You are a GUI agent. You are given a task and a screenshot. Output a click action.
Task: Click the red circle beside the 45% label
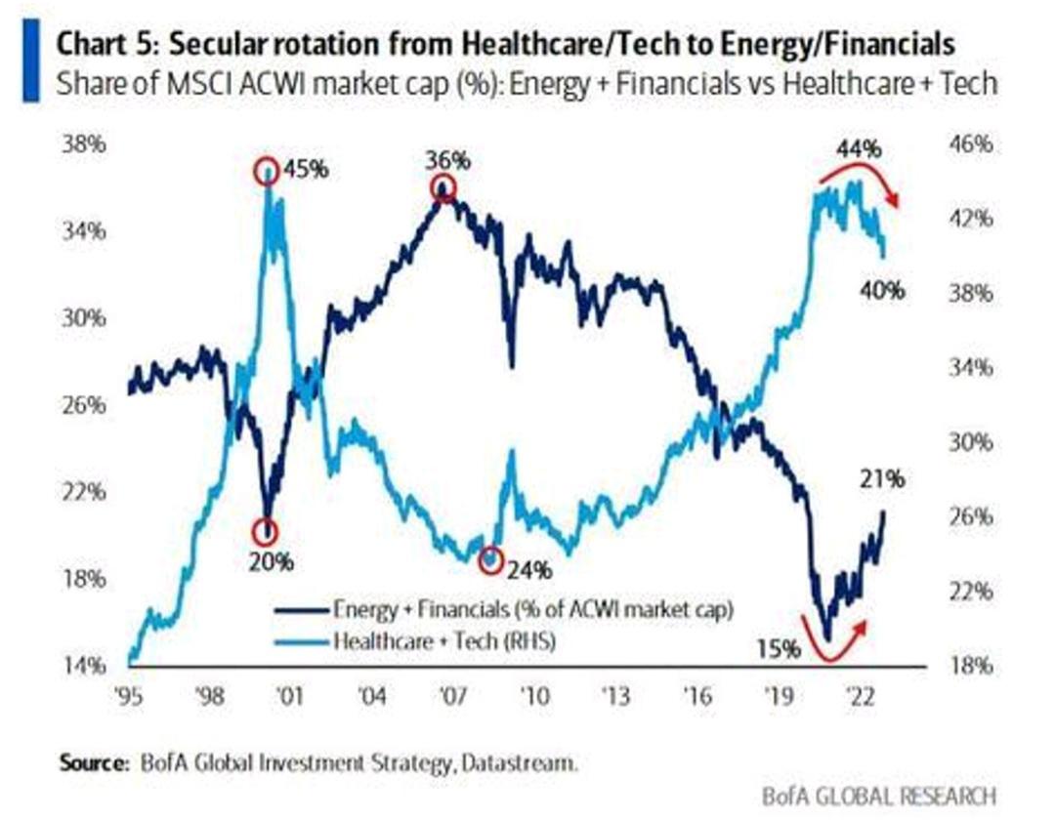click(x=266, y=172)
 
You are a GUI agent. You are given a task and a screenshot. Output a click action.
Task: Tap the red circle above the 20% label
click(x=266, y=532)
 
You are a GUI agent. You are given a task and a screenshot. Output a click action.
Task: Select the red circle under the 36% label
click(x=443, y=189)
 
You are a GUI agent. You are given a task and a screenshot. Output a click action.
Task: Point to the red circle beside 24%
click(x=491, y=561)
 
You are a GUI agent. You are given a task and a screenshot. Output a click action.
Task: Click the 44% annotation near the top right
click(x=859, y=150)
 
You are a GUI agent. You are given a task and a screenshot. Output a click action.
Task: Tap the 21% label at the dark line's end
click(x=883, y=479)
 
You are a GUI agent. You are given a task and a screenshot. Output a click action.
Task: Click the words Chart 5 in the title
click(x=104, y=45)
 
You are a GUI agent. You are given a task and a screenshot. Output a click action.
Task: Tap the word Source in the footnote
click(x=91, y=762)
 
